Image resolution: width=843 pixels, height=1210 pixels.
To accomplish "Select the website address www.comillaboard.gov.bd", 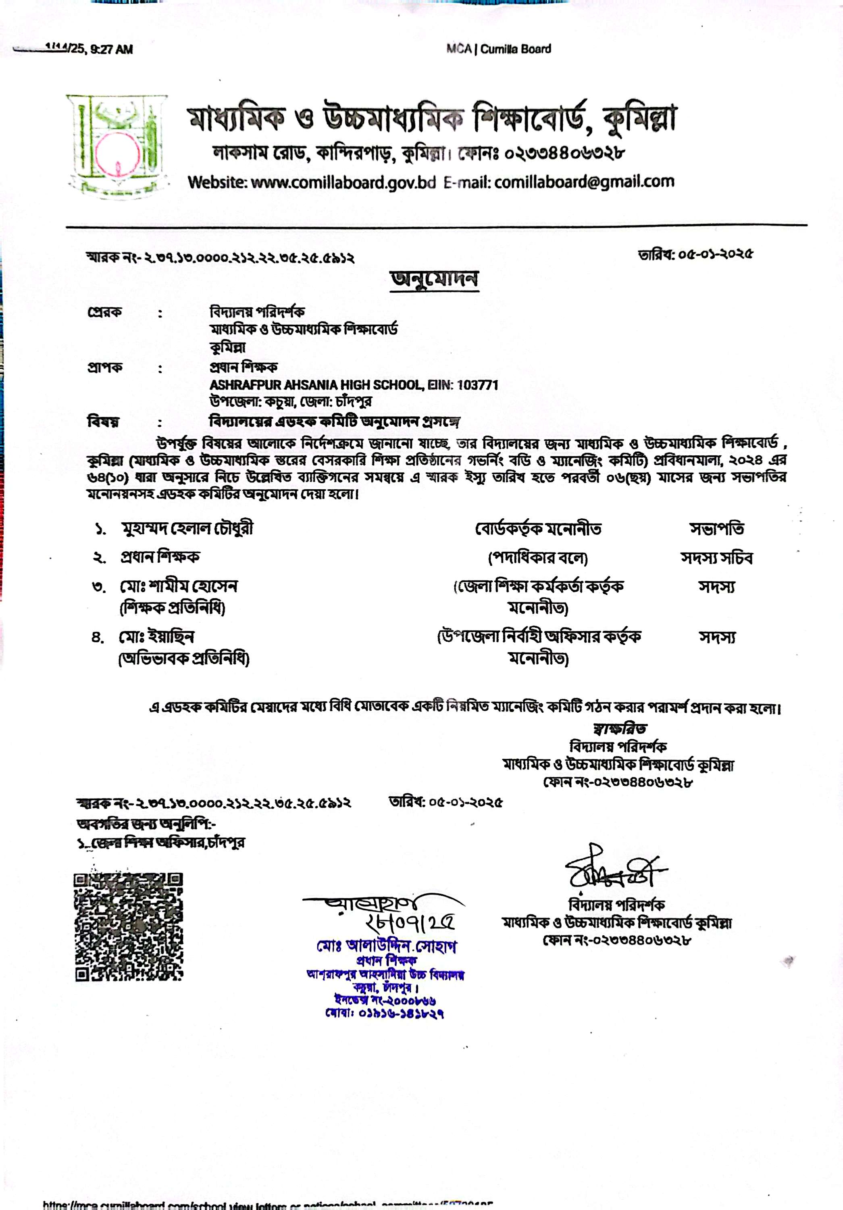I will click(343, 182).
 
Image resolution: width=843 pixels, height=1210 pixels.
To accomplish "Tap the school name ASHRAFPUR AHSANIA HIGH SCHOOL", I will click(316, 385).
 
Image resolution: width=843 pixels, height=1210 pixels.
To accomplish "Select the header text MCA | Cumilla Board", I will click(498, 49).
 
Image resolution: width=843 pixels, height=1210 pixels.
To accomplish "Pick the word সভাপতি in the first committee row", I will click(716, 529).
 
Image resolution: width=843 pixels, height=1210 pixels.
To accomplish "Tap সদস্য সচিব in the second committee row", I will click(716, 557).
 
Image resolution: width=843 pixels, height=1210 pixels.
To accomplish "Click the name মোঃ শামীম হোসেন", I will click(179, 586).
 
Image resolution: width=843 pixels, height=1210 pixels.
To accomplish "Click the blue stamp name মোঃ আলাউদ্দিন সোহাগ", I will click(387, 946).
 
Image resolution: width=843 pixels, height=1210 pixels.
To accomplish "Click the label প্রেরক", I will click(104, 312).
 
